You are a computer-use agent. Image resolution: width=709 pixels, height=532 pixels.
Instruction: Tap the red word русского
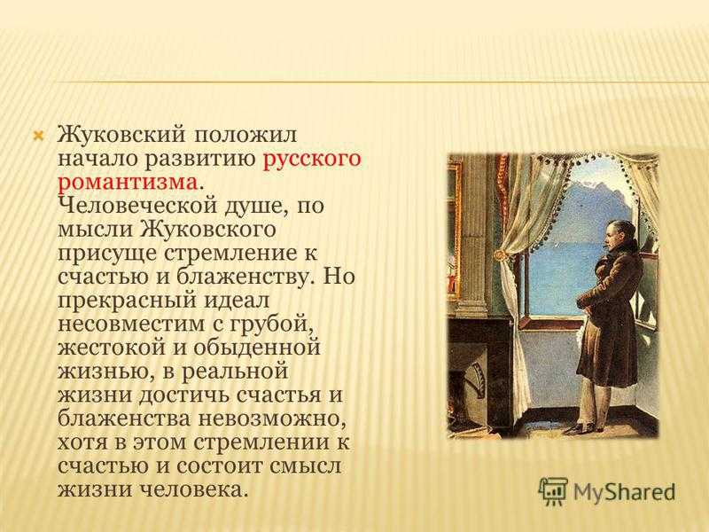tap(312, 159)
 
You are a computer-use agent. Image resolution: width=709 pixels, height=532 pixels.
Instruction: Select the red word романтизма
tap(128, 183)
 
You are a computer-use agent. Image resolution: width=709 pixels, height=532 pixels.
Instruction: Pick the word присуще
tap(107, 254)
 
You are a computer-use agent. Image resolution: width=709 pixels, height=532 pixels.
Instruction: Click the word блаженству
tap(244, 276)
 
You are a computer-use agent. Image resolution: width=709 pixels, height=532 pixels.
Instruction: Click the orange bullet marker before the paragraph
tap(39, 136)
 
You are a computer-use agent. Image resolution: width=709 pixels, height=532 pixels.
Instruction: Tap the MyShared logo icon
tap(553, 490)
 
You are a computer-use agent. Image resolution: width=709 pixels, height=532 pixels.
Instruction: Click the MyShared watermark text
tap(624, 491)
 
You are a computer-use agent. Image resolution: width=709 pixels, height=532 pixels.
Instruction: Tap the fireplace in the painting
tap(480, 375)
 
